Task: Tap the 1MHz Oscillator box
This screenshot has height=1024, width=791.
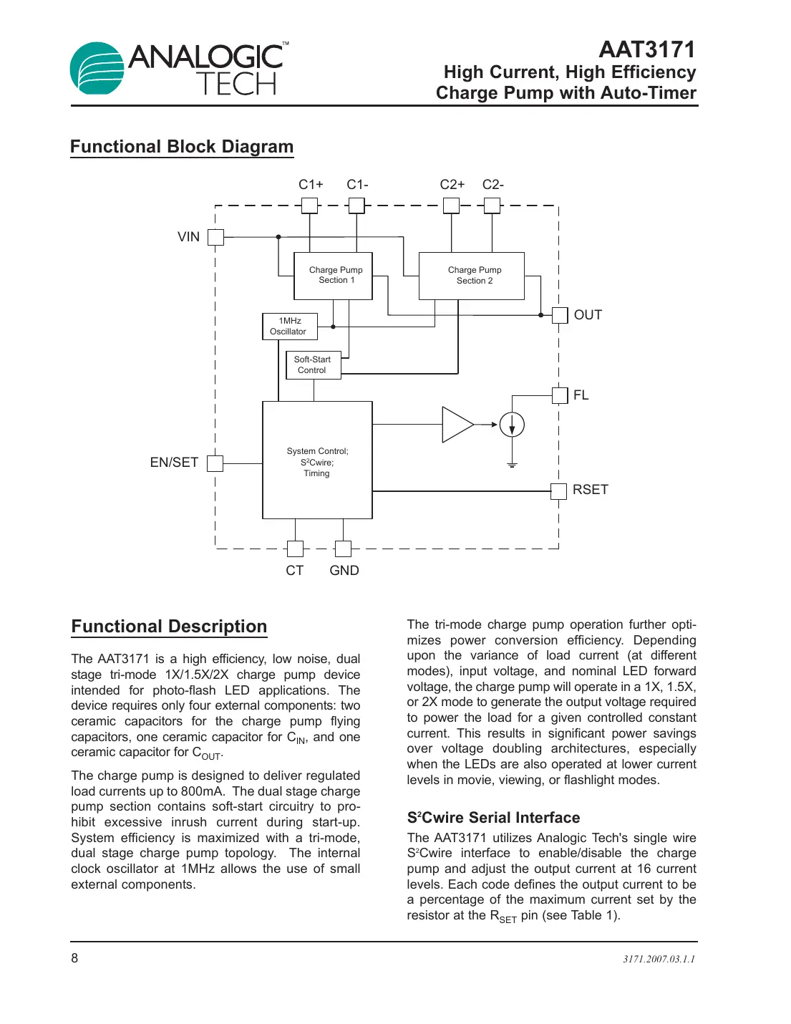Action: (289, 327)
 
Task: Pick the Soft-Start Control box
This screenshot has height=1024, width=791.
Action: (313, 365)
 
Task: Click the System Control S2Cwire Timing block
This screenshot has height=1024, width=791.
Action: (317, 460)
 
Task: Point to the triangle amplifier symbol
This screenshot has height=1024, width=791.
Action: (456, 425)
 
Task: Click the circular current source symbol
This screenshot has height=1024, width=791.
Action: (512, 425)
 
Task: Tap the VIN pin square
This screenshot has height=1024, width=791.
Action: (215, 237)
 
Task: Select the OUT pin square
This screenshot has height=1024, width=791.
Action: (559, 315)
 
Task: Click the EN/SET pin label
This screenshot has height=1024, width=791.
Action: (174, 463)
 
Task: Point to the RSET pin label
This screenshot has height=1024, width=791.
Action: (590, 490)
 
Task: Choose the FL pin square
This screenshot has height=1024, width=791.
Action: (559, 395)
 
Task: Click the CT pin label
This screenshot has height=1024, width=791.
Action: (294, 571)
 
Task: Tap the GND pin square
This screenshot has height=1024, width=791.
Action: (343, 549)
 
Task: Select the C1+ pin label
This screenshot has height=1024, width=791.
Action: (311, 185)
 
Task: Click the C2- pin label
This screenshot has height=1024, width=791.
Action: (492, 185)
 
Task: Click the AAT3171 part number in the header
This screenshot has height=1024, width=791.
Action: (646, 49)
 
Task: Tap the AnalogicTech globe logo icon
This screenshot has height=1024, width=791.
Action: (97, 69)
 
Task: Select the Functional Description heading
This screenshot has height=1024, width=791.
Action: (169, 627)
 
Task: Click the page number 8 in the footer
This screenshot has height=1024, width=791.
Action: (74, 958)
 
